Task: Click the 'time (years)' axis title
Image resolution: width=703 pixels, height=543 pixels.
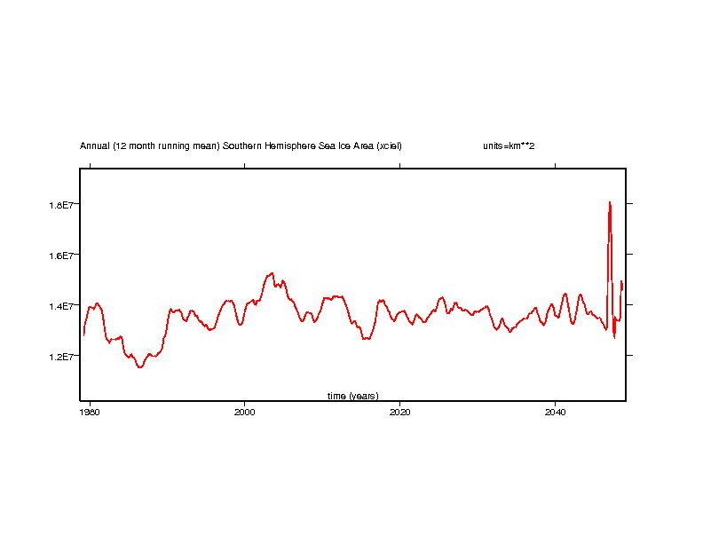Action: (352, 396)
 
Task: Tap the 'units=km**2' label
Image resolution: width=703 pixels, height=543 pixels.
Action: (508, 146)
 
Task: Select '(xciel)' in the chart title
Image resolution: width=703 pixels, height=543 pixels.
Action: (388, 146)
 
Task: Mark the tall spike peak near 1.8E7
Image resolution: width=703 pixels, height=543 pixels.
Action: (610, 202)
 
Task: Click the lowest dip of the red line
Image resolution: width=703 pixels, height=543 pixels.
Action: (139, 366)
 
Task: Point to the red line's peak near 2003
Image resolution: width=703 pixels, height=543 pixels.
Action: (272, 273)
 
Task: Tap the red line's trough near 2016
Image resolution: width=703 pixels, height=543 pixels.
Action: (365, 339)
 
